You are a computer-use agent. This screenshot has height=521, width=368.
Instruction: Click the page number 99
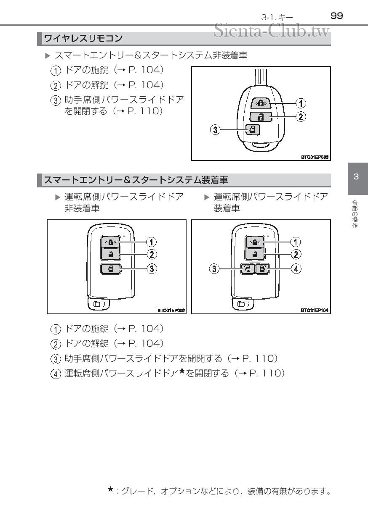pyautogui.click(x=337, y=16)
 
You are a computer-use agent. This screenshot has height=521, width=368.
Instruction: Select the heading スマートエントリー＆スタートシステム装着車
pyautogui.click(x=136, y=180)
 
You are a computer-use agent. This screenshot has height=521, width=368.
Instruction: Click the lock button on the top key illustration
pyautogui.click(x=257, y=103)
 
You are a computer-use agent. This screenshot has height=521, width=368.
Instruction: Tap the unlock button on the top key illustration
pyautogui.click(x=257, y=116)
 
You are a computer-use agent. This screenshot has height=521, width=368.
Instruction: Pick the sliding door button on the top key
pyautogui.click(x=252, y=130)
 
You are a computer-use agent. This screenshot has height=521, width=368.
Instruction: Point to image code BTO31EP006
pyautogui.click(x=171, y=310)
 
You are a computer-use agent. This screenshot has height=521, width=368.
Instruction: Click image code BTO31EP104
pyautogui.click(x=315, y=310)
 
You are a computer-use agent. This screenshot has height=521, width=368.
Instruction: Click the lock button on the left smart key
pyautogui.click(x=110, y=242)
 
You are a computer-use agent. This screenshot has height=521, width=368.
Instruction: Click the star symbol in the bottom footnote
pyautogui.click(x=110, y=489)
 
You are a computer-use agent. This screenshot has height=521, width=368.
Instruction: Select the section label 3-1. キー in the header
pyautogui.click(x=277, y=17)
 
